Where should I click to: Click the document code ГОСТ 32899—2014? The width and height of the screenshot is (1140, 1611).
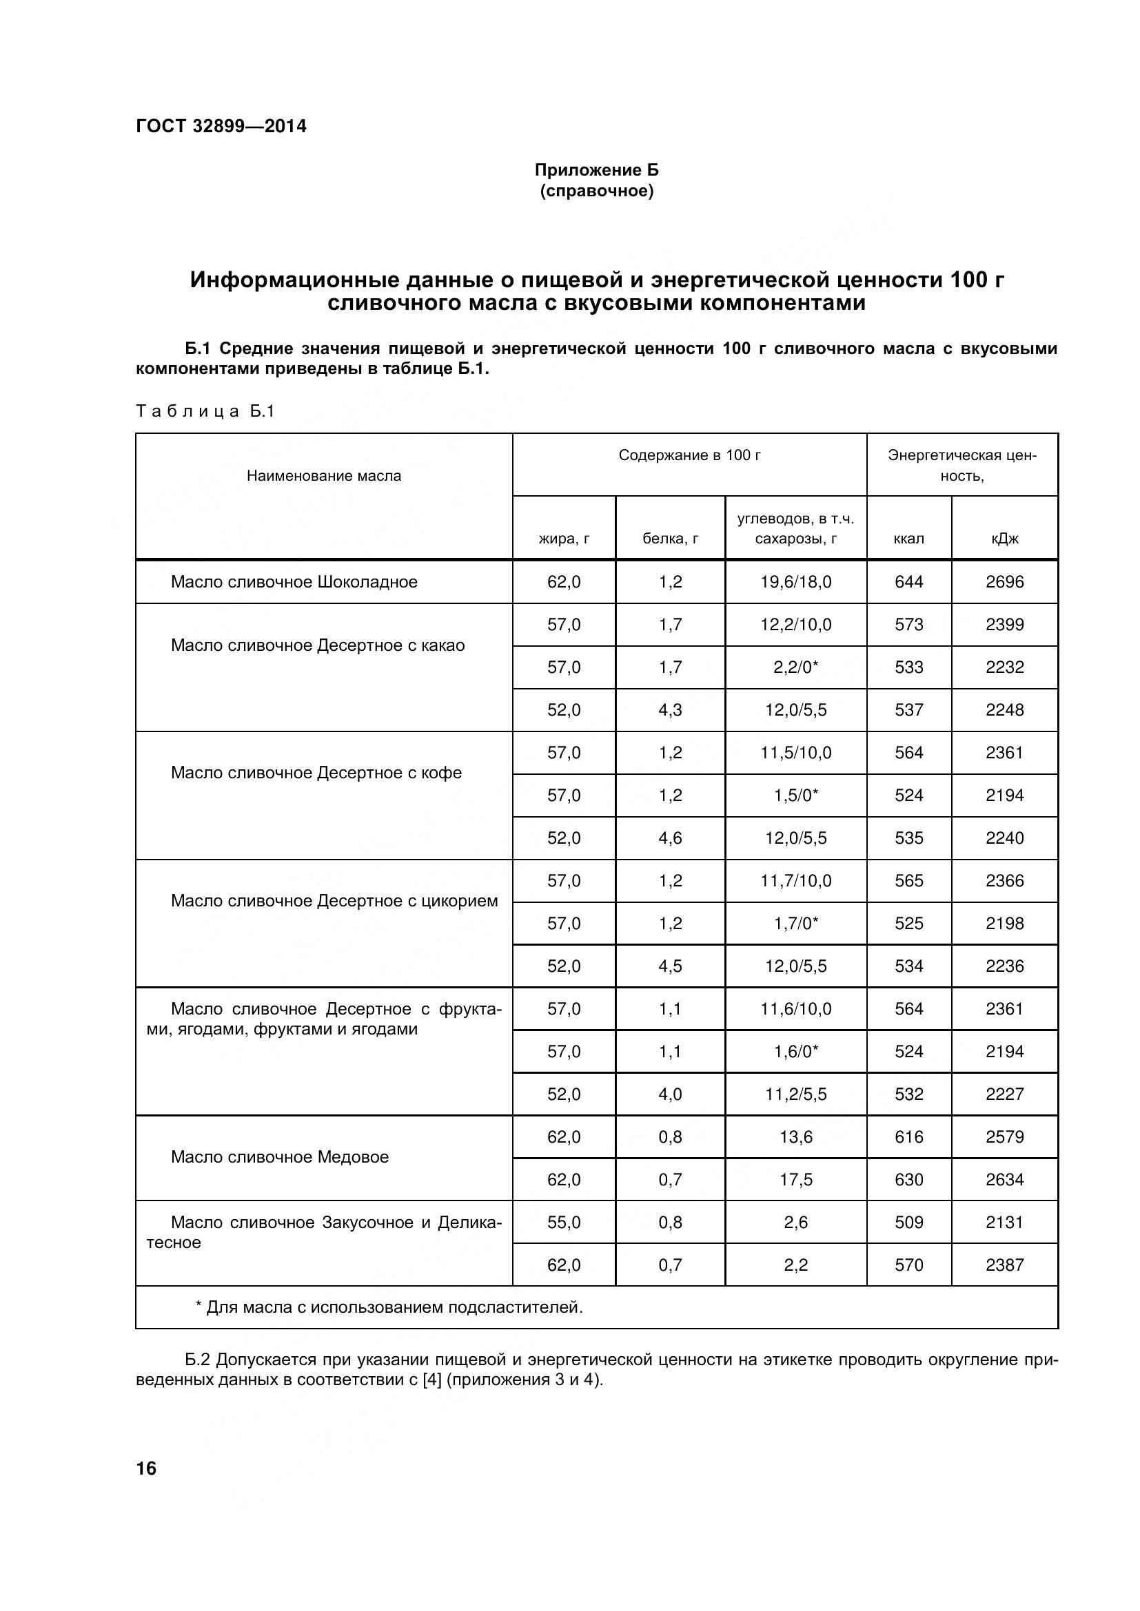(221, 126)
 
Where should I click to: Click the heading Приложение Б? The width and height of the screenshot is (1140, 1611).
(597, 170)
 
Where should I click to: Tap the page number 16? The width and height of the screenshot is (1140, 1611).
(147, 1468)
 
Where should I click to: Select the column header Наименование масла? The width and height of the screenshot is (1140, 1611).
(324, 476)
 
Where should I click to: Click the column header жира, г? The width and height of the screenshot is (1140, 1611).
(564, 538)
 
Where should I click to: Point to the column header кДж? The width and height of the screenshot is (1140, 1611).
(1004, 538)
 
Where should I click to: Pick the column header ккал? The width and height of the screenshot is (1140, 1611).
(908, 538)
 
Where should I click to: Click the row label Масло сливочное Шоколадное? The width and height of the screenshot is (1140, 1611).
(294, 582)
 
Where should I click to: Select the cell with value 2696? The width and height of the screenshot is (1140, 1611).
(1004, 582)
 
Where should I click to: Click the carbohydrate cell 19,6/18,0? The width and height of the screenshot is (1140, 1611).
(795, 582)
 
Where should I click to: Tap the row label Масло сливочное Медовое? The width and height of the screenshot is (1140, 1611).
(279, 1157)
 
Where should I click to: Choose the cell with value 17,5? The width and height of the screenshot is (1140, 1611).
(795, 1179)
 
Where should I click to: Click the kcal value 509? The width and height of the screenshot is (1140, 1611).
(908, 1223)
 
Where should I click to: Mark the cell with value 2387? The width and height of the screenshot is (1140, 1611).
(1004, 1265)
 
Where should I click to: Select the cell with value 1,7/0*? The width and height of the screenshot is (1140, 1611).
(795, 924)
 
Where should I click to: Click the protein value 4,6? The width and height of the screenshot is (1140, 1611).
(670, 838)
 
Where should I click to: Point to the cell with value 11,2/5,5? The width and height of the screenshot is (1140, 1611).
(795, 1094)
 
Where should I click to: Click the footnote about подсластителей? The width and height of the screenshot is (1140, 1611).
(389, 1307)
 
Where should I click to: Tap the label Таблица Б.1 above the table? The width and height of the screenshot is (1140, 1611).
(205, 411)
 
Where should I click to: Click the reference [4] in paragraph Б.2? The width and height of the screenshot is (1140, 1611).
(432, 1380)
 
